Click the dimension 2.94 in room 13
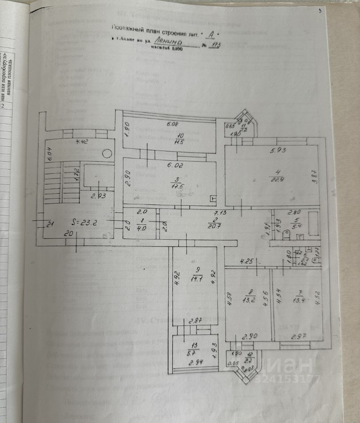click(x=196, y=362)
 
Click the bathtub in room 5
click(x=313, y=223)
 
